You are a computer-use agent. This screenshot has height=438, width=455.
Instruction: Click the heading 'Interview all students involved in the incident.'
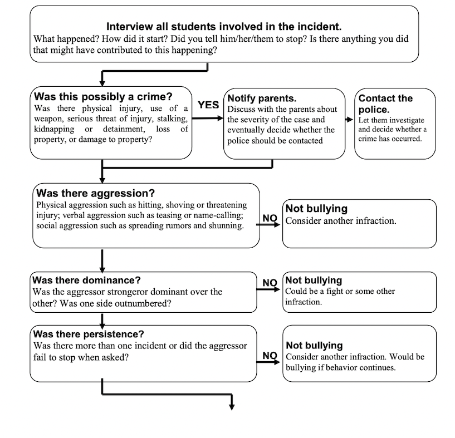[224, 26]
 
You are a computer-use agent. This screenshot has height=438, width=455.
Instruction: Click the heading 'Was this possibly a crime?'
[103, 96]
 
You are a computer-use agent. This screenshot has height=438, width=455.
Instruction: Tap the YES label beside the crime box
[208, 105]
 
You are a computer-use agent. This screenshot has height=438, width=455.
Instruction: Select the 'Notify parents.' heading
[262, 99]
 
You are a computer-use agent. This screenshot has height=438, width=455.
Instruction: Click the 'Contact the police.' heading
[385, 104]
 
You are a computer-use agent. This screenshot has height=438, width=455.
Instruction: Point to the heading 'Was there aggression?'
[95, 193]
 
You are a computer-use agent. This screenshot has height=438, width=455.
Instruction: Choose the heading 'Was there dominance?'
[86, 280]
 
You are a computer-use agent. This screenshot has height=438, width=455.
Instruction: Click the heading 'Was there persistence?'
[89, 334]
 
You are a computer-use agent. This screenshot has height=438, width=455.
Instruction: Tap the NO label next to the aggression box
[270, 218]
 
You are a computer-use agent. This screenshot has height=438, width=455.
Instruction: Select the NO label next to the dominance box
[270, 283]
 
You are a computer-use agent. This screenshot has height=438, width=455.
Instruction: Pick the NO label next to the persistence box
[270, 356]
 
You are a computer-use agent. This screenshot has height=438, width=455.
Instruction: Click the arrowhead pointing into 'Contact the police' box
[350, 120]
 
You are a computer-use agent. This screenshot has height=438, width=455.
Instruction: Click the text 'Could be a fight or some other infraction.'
[340, 297]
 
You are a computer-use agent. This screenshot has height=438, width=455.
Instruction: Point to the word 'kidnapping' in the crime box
[54, 129]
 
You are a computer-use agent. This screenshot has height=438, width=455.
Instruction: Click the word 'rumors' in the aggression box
[179, 225]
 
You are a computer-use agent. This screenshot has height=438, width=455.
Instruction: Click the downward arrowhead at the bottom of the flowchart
[232, 407]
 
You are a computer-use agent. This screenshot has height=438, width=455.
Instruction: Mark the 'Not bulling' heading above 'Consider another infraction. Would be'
[314, 345]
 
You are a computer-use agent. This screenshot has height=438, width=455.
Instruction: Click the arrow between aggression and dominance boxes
[102, 261]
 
